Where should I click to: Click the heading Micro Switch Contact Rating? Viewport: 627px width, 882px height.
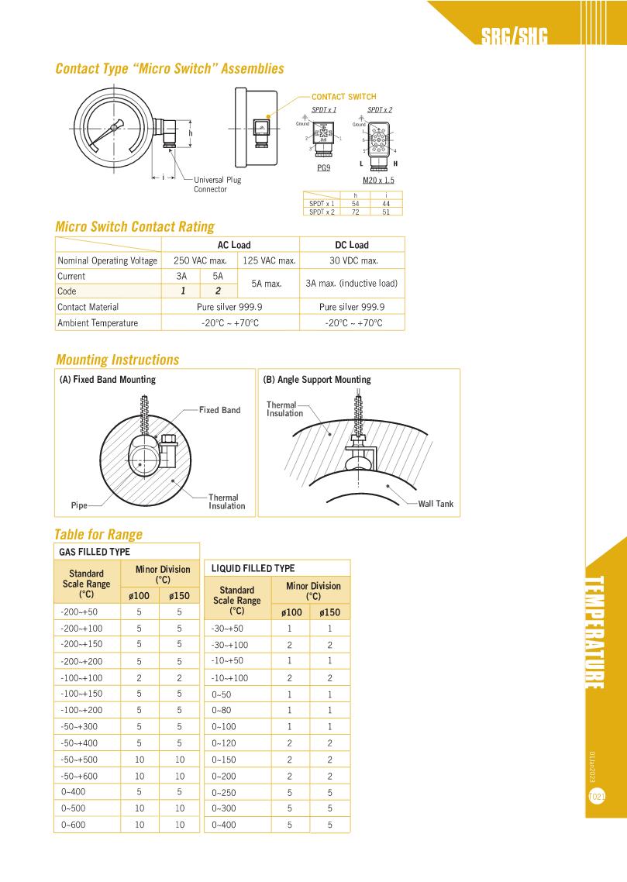point(135,227)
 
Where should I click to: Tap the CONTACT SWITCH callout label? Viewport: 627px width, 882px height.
point(343,97)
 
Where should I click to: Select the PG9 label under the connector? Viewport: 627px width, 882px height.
point(324,167)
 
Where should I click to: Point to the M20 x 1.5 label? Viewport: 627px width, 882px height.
point(378,180)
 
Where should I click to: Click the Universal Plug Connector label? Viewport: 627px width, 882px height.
point(217,184)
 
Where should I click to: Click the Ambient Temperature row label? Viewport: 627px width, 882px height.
point(98,322)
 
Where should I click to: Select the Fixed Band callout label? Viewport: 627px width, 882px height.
point(219,410)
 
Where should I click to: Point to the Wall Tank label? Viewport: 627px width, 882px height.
point(436,504)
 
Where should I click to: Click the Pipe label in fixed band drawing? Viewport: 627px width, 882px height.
point(79,505)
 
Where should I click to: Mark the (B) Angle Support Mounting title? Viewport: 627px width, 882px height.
point(317,380)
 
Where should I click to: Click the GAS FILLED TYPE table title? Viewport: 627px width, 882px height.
point(95,552)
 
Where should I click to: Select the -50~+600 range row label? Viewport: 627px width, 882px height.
point(80,776)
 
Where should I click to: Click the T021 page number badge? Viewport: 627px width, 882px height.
point(597,796)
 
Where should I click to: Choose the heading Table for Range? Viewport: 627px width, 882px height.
point(98,534)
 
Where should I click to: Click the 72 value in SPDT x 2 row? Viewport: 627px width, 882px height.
point(355,212)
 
